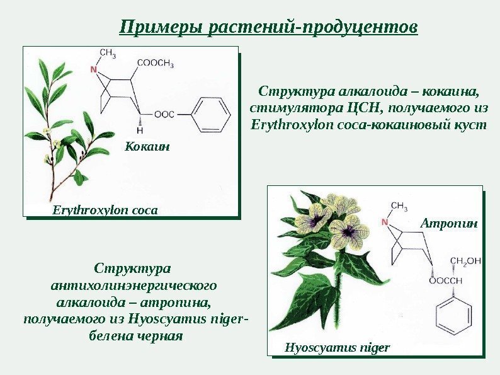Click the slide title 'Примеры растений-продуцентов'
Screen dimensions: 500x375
(268, 27)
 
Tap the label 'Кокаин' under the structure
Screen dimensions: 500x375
(148, 147)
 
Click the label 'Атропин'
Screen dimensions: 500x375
(449, 223)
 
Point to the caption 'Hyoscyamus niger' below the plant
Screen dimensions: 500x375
(338, 347)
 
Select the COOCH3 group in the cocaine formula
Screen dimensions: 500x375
(154, 63)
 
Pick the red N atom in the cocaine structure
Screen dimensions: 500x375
(95, 67)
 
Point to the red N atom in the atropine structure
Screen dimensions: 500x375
(385, 222)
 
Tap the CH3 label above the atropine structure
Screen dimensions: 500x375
(399, 206)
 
